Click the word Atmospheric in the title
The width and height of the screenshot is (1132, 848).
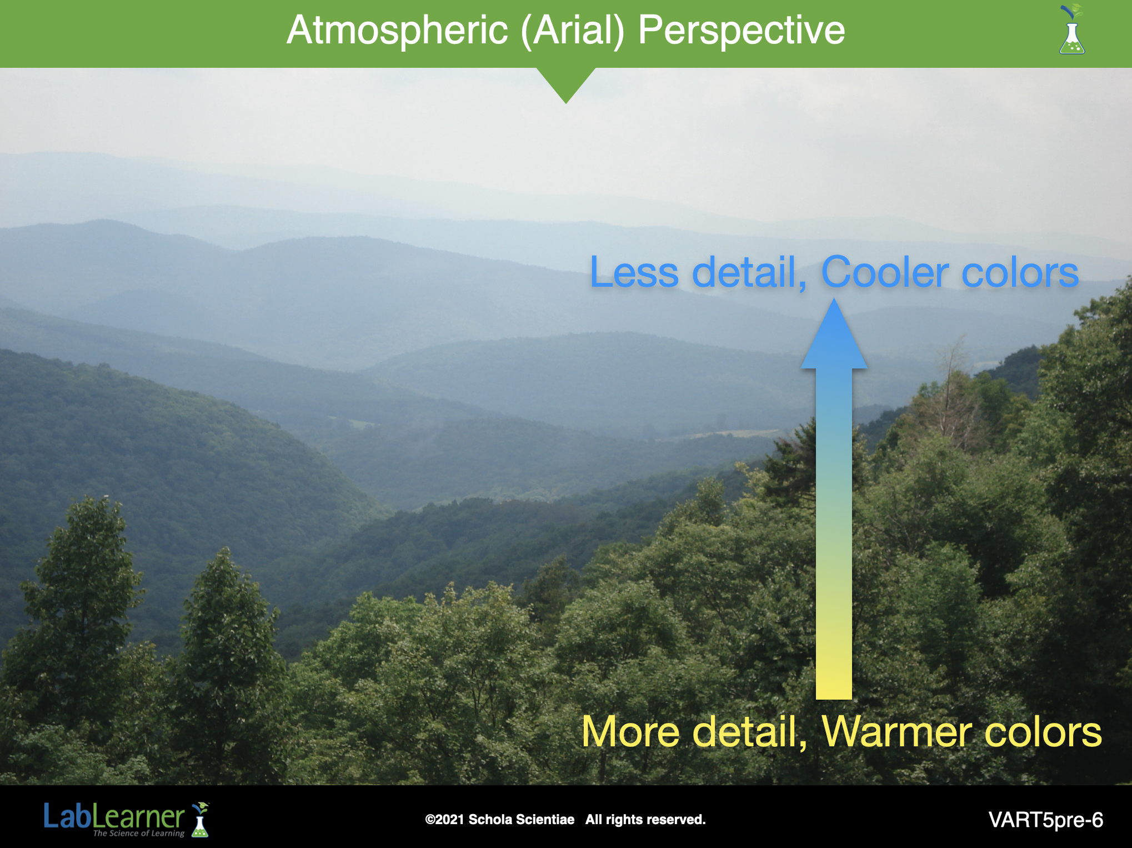397,31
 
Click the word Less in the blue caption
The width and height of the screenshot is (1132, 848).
634,272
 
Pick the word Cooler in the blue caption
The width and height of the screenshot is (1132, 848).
885,272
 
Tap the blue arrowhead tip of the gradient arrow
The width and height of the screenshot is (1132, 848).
834,299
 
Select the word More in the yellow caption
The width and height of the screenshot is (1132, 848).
631,732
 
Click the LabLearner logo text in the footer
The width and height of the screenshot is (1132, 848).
114,817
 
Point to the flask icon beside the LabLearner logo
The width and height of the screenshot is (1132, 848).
200,819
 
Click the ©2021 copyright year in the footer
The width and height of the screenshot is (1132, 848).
444,820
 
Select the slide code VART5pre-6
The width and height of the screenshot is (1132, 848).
1045,820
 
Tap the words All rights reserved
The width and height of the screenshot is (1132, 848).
645,820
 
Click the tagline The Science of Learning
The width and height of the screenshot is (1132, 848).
139,833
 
